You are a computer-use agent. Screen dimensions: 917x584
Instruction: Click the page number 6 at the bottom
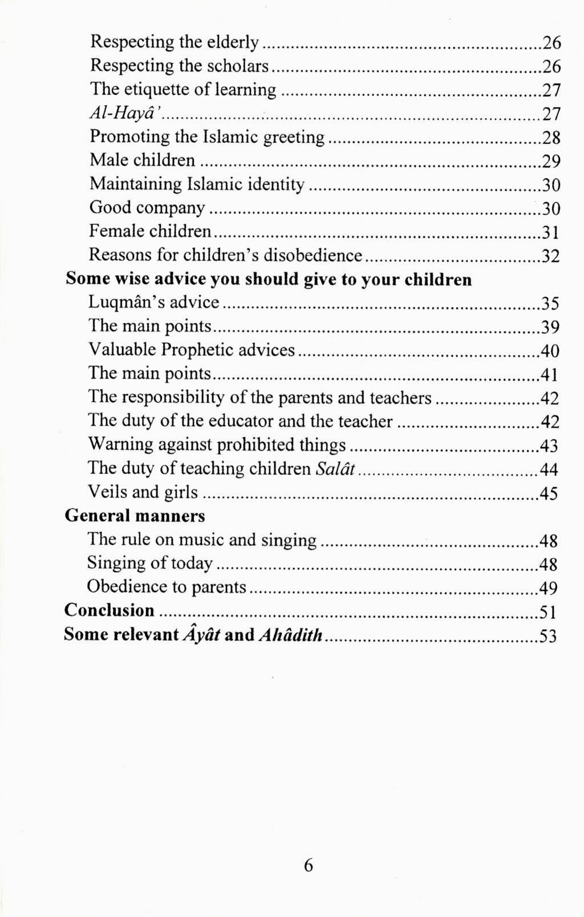308,866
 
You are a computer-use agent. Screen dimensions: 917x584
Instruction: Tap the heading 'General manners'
135,516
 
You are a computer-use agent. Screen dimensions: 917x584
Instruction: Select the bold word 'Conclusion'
109,610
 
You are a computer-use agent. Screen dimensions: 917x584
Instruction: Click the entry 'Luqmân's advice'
154,303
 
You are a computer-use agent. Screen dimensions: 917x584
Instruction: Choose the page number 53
547,636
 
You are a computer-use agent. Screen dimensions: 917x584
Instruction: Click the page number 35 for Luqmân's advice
550,303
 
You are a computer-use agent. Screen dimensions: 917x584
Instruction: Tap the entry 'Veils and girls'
143,492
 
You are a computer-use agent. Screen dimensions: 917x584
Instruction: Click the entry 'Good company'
147,208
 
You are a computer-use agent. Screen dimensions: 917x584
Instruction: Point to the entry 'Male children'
143,160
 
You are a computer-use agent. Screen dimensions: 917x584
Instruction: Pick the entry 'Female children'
151,231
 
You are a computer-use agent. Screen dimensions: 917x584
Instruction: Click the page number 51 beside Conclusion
548,612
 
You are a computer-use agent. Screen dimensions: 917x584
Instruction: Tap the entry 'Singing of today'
149,564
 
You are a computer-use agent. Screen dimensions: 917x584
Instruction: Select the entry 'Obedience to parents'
167,587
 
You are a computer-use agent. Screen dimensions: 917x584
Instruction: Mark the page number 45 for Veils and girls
549,493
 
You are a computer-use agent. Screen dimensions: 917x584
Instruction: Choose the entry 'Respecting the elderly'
175,42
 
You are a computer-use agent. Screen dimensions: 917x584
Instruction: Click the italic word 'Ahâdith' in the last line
291,635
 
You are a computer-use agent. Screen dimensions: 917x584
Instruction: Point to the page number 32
550,256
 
